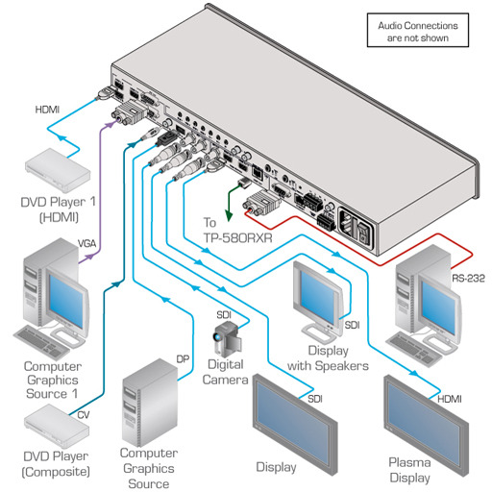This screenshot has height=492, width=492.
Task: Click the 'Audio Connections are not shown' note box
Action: click(x=418, y=31)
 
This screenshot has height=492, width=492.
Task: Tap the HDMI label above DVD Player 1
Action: click(x=47, y=110)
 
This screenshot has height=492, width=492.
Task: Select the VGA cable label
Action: click(x=86, y=244)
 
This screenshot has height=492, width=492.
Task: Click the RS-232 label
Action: click(x=468, y=278)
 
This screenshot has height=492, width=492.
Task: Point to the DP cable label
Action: click(x=183, y=359)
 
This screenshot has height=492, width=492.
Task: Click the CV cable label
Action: click(x=84, y=415)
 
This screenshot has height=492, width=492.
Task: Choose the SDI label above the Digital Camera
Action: click(x=224, y=315)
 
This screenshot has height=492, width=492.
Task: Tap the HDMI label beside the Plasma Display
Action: click(x=450, y=399)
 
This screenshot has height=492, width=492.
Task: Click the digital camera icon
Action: click(x=227, y=339)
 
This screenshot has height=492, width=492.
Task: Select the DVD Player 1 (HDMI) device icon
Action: click(x=58, y=170)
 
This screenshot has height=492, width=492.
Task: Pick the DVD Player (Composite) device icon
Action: click(x=57, y=426)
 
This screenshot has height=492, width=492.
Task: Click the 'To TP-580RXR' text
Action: click(x=237, y=231)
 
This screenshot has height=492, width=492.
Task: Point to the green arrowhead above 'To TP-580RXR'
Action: click(x=229, y=216)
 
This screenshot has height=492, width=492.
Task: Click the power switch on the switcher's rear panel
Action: click(x=363, y=232)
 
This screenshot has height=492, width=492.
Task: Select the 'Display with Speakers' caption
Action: click(x=328, y=358)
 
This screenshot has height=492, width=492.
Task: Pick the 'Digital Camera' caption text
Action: click(x=225, y=372)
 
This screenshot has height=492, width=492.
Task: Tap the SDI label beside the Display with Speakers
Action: click(x=352, y=325)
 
